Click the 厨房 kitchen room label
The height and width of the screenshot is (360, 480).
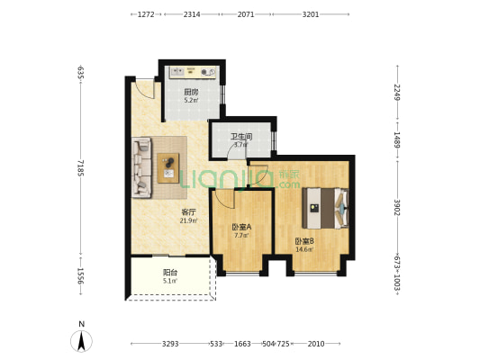pos(191,93)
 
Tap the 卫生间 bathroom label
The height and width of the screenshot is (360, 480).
pos(240,136)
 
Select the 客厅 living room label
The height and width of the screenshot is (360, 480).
pos(188,212)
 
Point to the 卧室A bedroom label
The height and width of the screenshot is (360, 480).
pos(240,227)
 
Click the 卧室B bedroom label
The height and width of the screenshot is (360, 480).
pos(304,240)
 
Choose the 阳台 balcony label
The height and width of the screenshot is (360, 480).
pos(169,273)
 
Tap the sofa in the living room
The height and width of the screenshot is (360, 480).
pos(143,166)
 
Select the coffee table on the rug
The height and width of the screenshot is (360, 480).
pos(168,166)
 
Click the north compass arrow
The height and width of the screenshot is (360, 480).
pos(82,340)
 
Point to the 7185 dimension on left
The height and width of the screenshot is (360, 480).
pos(81,168)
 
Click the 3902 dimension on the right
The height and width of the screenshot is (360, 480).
pos(397,208)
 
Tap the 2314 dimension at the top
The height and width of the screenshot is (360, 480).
pos(192,15)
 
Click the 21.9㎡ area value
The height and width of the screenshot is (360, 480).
pos(188,220)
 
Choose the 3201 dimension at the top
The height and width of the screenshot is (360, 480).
pos(311,15)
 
